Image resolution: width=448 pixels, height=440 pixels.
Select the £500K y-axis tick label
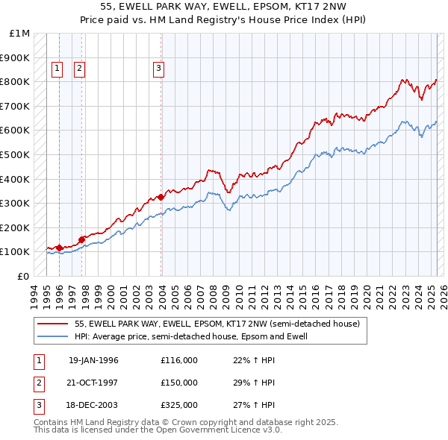15,154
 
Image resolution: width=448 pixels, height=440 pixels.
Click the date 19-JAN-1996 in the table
93,360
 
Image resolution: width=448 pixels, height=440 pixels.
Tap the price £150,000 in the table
179,383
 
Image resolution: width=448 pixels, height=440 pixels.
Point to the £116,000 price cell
179,360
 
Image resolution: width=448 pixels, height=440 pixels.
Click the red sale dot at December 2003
161,197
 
